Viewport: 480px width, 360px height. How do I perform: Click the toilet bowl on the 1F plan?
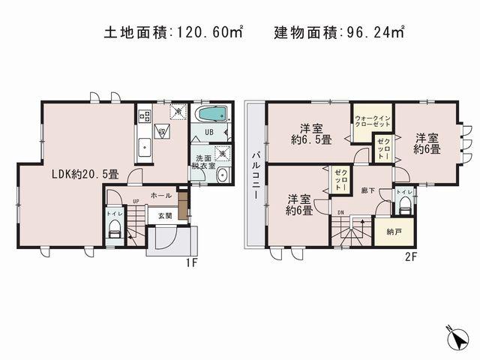click(x=114, y=233)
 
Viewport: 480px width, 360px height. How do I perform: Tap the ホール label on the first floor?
click(x=160, y=196)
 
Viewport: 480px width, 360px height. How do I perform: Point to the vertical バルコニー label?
click(x=255, y=173)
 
